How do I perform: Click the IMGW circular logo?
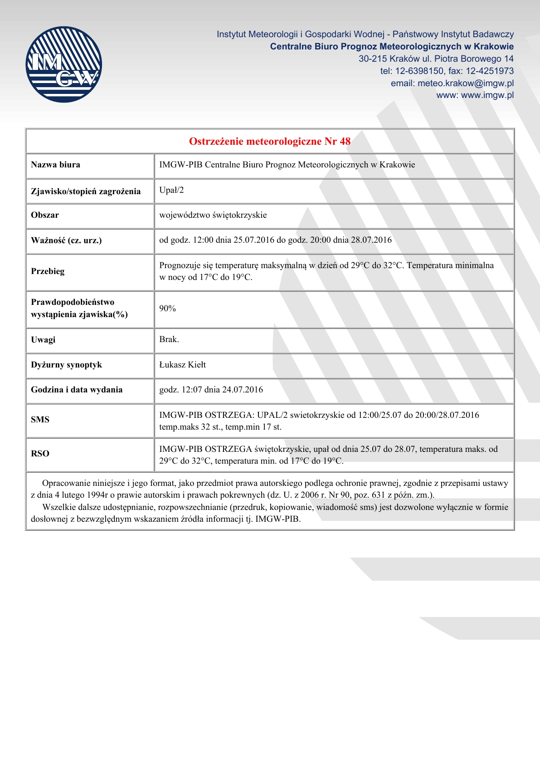point(63,64)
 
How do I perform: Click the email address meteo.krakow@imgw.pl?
point(466,83)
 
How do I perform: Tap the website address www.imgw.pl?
point(487,95)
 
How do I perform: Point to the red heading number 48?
point(345,141)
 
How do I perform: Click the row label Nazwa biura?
point(55,165)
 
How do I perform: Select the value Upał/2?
point(171,190)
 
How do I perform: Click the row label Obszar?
point(45,215)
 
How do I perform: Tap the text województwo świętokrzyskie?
point(213,215)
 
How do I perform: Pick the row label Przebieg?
point(48,271)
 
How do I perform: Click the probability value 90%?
point(167,309)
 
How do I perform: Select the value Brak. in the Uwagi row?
point(169,339)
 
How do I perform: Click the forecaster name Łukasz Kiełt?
point(182,365)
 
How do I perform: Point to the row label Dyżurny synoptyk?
point(66,365)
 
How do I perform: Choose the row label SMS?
point(40,420)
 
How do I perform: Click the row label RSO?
point(40,454)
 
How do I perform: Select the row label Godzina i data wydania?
point(77,390)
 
